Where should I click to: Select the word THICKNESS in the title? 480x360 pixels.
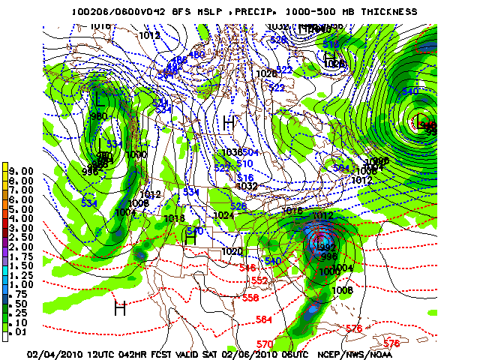coord(388,12)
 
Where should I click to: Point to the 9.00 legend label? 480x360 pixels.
coord(22,171)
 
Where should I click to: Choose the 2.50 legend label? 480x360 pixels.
coord(22,237)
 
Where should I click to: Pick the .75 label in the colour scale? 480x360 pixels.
coord(22,294)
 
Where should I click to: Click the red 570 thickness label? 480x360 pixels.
coord(265,344)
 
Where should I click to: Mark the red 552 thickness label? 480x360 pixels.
coord(259,280)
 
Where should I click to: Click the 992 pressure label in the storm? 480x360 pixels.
coord(327,247)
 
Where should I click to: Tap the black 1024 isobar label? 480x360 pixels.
coord(223,215)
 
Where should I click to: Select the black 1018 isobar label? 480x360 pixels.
coord(174,218)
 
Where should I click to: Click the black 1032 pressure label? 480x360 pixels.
coord(247,186)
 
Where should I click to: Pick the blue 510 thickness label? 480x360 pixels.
coord(244,163)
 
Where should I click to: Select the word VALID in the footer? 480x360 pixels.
coord(195,353)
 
